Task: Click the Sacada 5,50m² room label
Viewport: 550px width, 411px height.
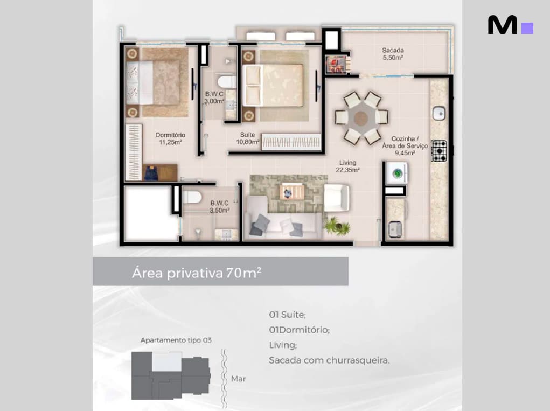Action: point(393,54)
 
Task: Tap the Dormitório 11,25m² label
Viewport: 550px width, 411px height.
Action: point(170,138)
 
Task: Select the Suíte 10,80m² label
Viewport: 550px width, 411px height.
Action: point(248,138)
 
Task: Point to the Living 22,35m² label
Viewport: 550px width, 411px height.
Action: point(347,166)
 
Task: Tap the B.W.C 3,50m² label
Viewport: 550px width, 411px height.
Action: point(220,206)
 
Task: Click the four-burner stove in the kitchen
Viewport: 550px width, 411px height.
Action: point(439,151)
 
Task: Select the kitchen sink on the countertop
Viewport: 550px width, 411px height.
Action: point(439,113)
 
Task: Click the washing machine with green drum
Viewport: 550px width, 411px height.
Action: point(397,173)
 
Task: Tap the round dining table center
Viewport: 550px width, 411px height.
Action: point(361,118)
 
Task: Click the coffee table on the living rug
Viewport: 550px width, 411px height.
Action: point(292,192)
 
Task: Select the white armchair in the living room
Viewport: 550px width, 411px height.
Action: point(336,198)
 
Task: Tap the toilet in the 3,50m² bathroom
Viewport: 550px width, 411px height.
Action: point(192,197)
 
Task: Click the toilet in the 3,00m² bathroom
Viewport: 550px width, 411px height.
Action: point(227,82)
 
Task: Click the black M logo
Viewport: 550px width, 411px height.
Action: point(502,25)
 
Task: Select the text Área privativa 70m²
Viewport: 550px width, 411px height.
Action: point(197,273)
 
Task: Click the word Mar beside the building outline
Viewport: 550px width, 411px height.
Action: point(239,379)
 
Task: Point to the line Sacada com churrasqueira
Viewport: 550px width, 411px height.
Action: point(329,360)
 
